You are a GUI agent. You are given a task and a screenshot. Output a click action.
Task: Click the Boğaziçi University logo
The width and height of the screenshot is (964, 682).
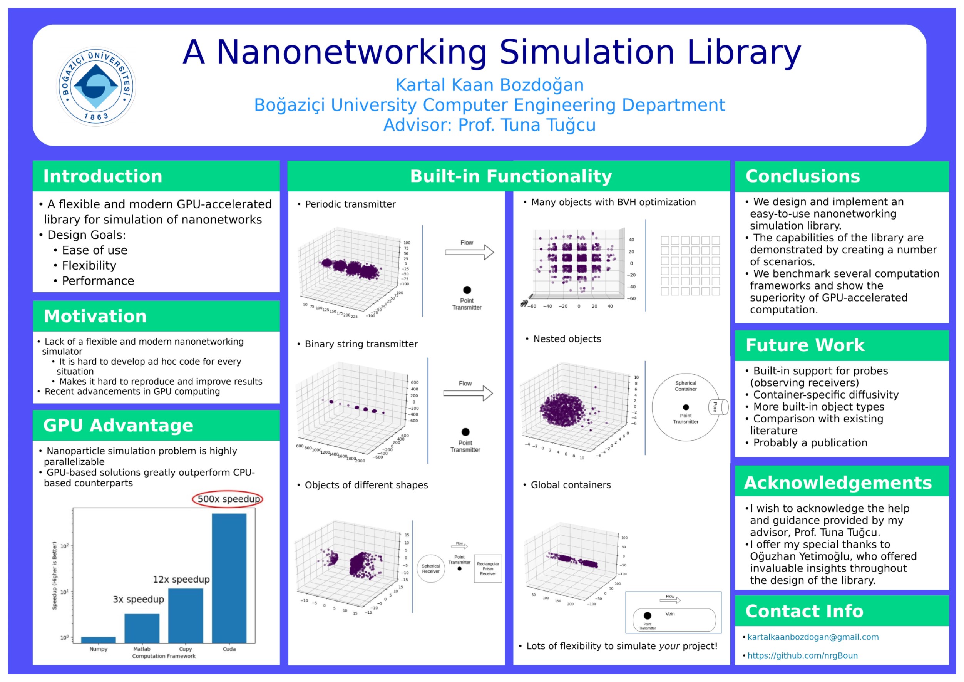(x=96, y=87)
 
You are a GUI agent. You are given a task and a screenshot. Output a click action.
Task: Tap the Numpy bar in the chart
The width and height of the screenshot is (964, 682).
(x=98, y=640)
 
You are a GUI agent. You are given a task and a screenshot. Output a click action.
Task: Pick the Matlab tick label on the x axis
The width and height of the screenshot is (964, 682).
(x=142, y=649)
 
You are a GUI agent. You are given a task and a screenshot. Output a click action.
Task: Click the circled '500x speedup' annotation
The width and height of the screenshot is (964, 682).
(x=228, y=499)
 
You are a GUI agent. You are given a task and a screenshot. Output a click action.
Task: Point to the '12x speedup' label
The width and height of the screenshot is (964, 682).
(x=181, y=580)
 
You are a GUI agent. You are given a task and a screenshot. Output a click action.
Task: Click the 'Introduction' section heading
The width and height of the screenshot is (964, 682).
(x=103, y=176)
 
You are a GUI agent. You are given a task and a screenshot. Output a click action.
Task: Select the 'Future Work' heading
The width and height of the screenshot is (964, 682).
(x=805, y=345)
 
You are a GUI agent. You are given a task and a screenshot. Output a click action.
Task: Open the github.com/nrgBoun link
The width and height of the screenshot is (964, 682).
(x=802, y=655)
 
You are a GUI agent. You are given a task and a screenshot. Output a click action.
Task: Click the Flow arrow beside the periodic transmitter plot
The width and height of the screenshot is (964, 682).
(x=469, y=252)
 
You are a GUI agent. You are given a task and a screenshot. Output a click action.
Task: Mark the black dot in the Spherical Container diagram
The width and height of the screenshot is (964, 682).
(x=686, y=407)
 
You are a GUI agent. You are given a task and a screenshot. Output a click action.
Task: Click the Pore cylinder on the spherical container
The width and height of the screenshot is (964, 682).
(x=718, y=407)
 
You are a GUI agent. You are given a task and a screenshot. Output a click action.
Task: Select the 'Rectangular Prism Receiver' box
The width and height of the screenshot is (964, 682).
(x=488, y=569)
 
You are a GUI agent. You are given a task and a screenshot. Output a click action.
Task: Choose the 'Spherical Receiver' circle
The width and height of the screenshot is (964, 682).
(x=431, y=569)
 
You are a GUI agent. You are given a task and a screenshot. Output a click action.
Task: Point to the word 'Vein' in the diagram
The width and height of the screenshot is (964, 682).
(x=670, y=614)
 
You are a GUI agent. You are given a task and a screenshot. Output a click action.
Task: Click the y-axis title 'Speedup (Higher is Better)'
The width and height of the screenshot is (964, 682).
(x=55, y=575)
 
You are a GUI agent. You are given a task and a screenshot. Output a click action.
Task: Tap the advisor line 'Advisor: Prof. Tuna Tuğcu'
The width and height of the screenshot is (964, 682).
(x=489, y=125)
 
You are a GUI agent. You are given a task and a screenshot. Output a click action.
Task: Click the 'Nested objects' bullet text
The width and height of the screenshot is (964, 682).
(x=567, y=339)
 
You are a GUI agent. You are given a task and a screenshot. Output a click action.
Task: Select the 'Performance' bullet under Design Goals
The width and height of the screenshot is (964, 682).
(x=98, y=281)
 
